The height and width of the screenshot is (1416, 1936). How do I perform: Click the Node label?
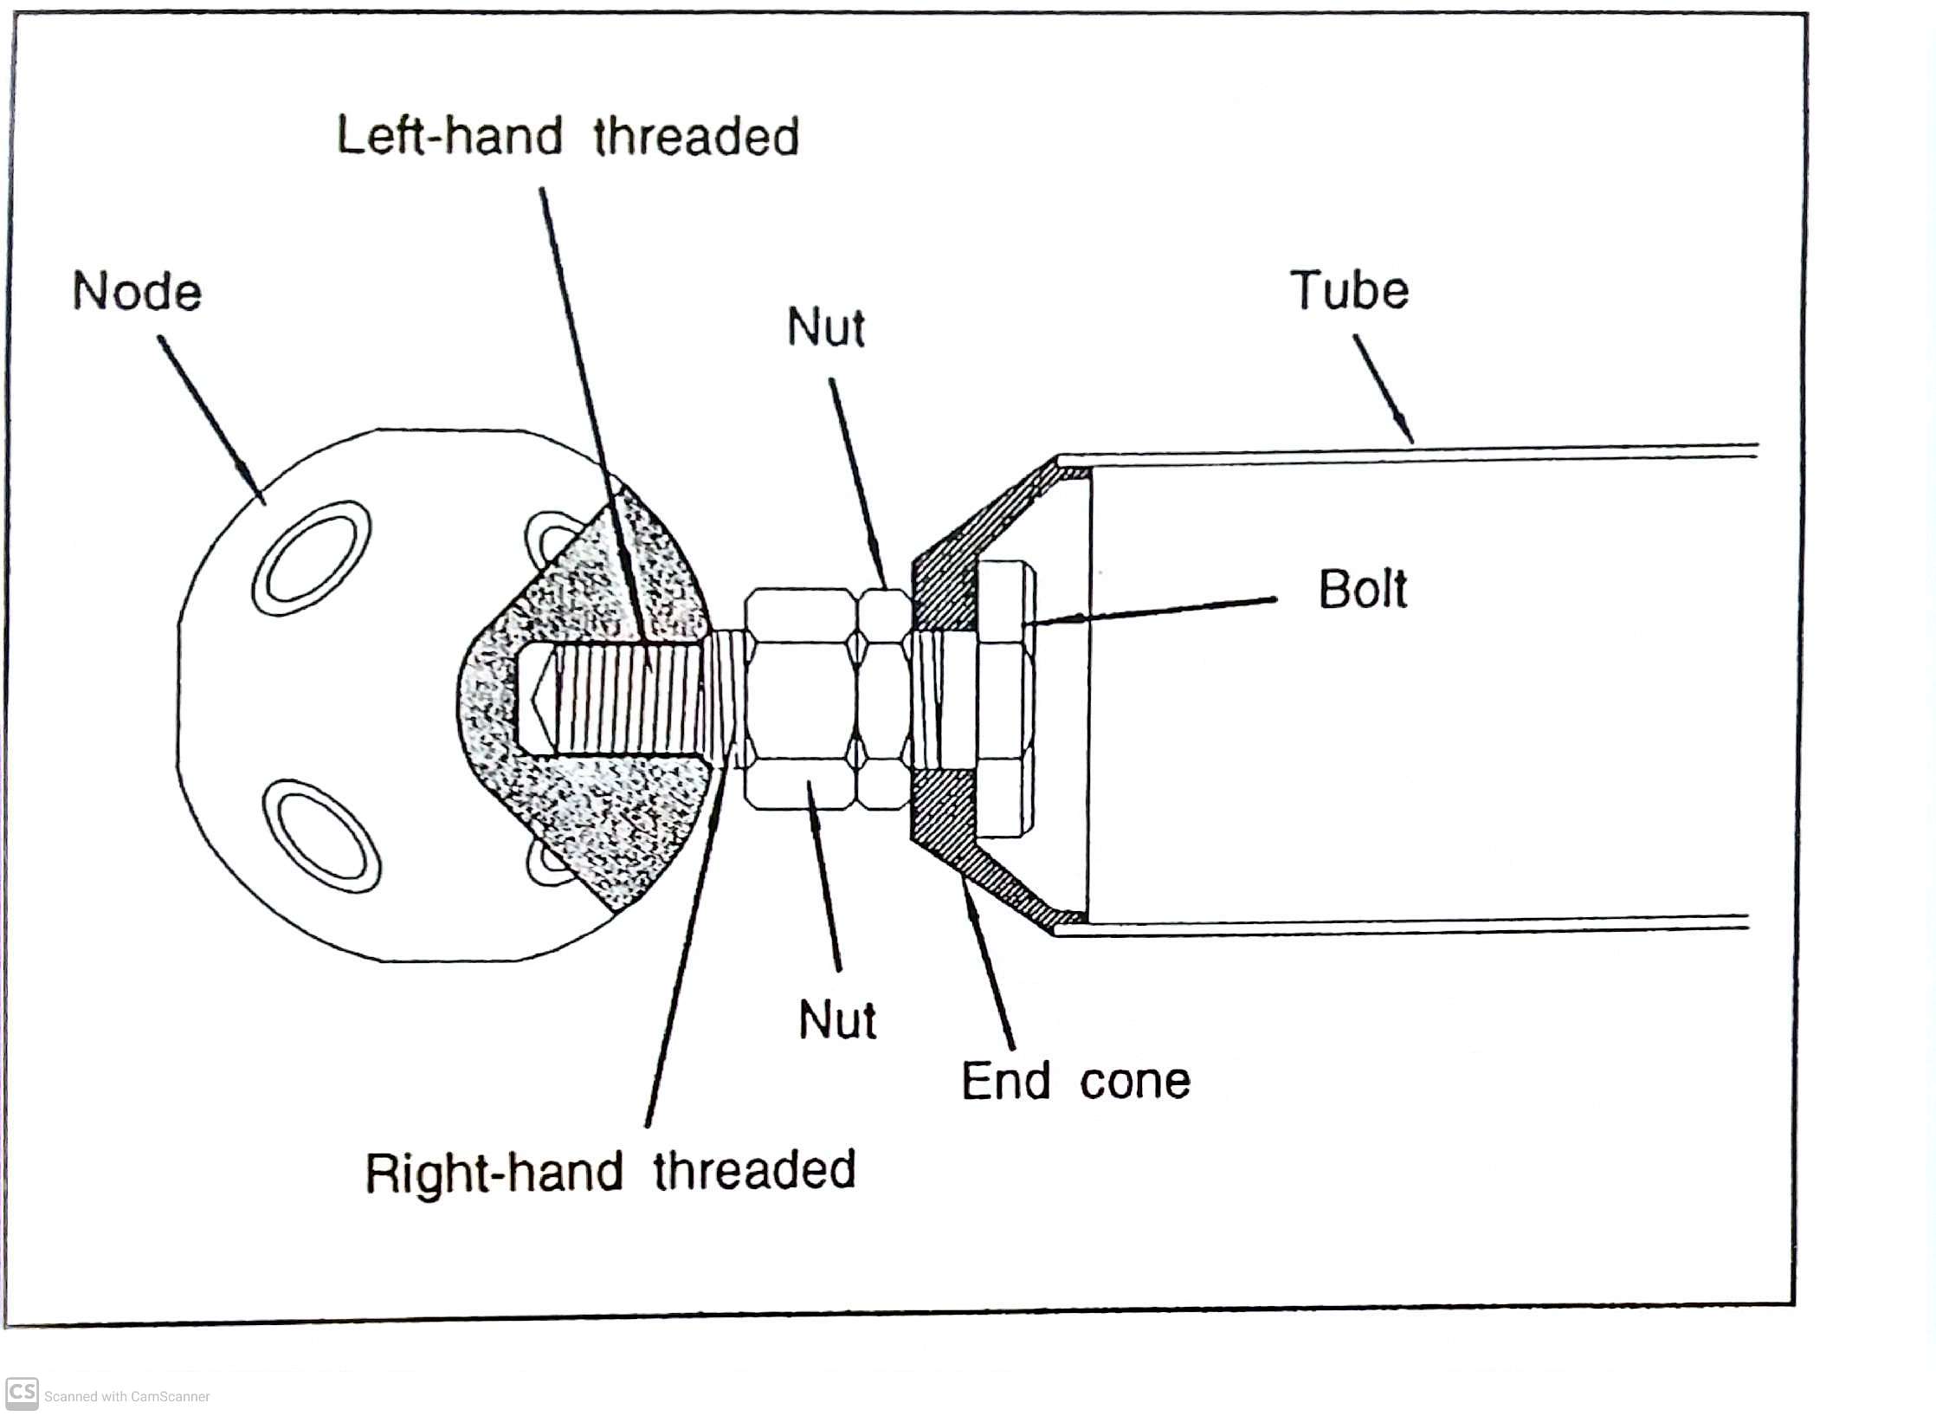(137, 291)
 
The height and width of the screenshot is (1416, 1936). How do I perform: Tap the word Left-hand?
(449, 136)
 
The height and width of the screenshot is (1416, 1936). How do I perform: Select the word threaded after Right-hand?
(754, 1170)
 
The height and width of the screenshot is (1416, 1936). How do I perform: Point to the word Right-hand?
(494, 1174)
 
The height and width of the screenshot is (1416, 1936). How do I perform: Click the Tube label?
(1350, 290)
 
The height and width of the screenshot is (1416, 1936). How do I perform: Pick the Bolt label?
(1363, 590)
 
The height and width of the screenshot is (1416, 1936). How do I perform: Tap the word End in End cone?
(1006, 1081)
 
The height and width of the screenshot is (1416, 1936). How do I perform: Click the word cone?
(1135, 1083)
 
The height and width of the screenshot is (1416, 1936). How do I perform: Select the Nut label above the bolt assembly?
(826, 327)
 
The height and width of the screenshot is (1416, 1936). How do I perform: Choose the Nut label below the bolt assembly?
(837, 1019)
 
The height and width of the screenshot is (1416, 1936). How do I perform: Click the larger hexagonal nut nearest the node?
(799, 700)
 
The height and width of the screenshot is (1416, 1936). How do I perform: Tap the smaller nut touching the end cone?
(883, 700)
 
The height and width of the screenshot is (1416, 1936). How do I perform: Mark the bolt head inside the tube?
(1004, 699)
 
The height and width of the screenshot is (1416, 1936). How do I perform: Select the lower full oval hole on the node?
(320, 836)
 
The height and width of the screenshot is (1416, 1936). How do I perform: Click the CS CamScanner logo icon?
(22, 1393)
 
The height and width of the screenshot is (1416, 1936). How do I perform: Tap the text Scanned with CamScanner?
(127, 1396)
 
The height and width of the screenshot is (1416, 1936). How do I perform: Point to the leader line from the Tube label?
(1384, 389)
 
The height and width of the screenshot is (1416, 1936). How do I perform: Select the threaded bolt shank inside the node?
(623, 699)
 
